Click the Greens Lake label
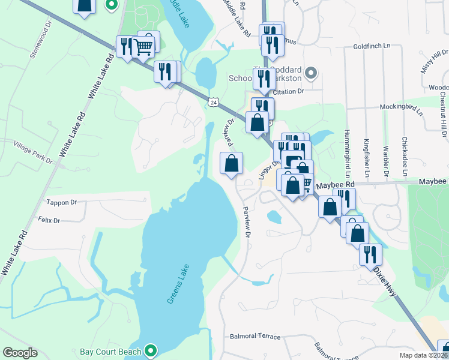pos(178,284)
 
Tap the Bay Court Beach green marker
pos(151,350)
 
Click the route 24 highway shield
pos(214,103)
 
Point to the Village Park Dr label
pos(34,150)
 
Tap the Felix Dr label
pos(49,221)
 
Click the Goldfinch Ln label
pos(372,46)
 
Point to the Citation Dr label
pos(289,91)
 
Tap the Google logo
pos(20,353)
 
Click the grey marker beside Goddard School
pos(310,73)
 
